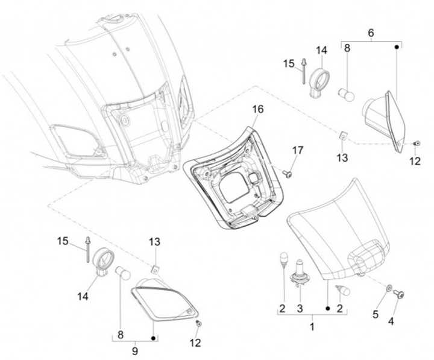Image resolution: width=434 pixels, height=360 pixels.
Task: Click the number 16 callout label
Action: (x=258, y=110)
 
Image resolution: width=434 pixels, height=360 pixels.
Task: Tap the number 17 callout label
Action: (x=298, y=151)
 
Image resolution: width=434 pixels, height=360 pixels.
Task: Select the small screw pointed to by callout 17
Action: (x=288, y=174)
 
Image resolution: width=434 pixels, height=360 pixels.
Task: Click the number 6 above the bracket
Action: (x=371, y=33)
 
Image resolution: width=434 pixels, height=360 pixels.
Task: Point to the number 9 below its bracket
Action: (x=135, y=351)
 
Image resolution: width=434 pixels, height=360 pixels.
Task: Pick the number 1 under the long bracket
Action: (x=312, y=327)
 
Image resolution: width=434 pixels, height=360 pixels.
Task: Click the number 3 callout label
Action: (x=300, y=309)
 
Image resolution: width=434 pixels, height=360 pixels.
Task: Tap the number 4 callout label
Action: (x=391, y=321)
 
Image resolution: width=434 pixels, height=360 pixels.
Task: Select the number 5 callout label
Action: (x=376, y=315)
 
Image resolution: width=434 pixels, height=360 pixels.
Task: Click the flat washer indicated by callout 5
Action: (x=389, y=288)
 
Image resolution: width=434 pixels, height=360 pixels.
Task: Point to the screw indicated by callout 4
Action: (x=399, y=294)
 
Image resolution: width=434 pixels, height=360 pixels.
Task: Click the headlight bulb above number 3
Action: (x=300, y=269)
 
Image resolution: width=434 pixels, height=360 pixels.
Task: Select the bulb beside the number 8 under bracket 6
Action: (x=347, y=95)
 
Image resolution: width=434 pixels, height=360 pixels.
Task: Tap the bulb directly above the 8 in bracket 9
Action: (x=122, y=273)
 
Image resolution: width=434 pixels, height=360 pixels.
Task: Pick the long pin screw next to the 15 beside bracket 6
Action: (x=303, y=71)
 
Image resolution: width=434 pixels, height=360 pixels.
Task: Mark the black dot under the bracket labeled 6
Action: (x=397, y=48)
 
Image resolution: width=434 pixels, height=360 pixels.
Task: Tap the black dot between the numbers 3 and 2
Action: (x=328, y=309)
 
